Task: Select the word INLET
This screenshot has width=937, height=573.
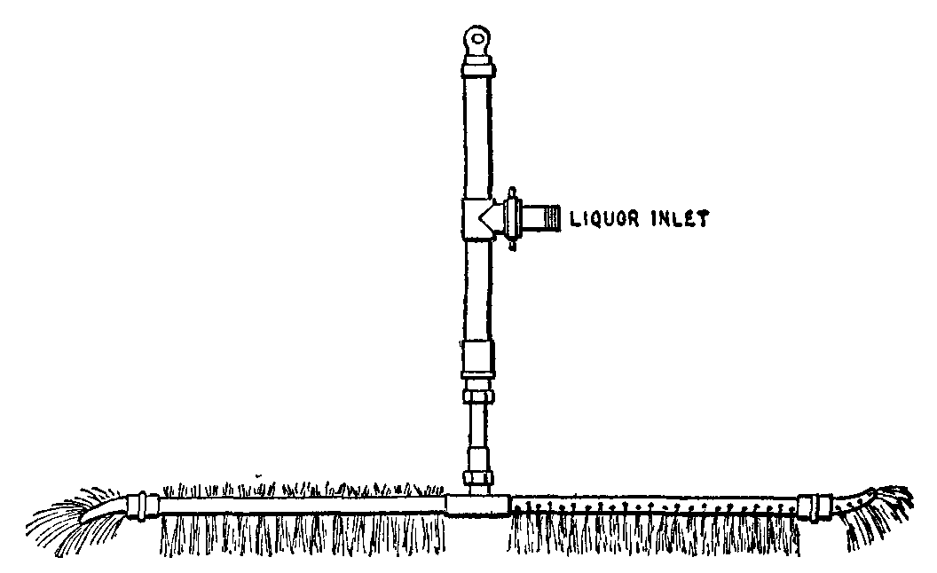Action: tap(680, 219)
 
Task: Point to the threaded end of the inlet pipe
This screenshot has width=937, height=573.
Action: tap(551, 218)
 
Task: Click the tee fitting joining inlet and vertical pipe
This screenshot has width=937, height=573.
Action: tap(479, 219)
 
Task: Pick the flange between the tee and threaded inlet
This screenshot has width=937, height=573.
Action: tap(512, 219)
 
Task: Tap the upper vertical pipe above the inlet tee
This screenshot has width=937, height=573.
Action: tap(478, 137)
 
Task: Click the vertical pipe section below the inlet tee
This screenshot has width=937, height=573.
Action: tap(478, 289)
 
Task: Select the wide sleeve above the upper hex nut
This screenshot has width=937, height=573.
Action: tap(478, 359)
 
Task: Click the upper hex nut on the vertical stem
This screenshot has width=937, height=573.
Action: tap(478, 396)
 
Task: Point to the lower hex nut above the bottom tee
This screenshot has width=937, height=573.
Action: tap(479, 477)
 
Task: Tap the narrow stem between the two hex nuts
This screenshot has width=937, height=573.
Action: tap(478, 436)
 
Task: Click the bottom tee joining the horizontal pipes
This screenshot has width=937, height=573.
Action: tap(476, 505)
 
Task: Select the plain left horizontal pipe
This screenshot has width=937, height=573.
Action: tap(303, 506)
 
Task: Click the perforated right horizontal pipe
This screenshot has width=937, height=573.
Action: tap(654, 506)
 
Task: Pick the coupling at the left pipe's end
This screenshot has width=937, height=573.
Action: tap(143, 505)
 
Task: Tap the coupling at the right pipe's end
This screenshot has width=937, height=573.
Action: tap(815, 506)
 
